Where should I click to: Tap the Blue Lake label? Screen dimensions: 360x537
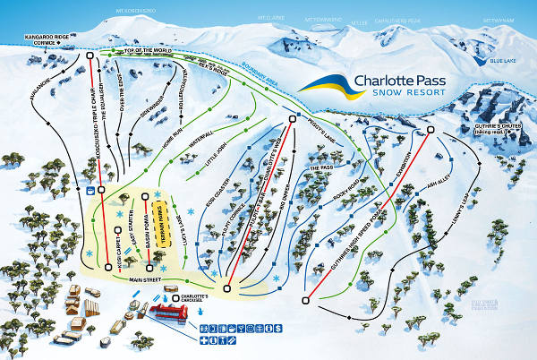tap(503, 61)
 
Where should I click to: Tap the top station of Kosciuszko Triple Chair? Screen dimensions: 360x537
tap(92, 56)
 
